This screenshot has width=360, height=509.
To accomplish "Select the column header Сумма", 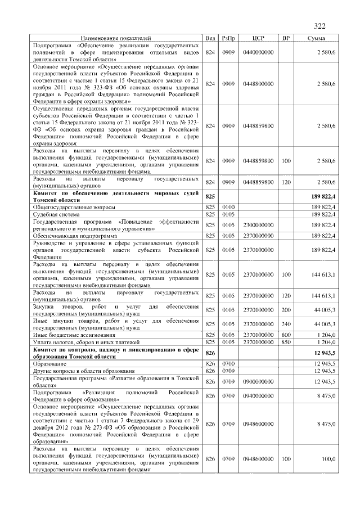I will click(x=318, y=38).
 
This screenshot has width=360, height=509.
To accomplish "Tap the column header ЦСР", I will click(x=258, y=38).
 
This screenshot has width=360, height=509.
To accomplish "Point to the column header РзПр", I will click(x=228, y=38).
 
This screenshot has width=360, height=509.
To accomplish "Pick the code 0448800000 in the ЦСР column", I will click(x=258, y=84).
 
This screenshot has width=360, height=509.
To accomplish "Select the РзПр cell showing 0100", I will click(x=228, y=207).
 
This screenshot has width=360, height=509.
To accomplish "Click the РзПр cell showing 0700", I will click(x=228, y=364).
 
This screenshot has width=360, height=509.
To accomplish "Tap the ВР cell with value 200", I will click(x=286, y=310).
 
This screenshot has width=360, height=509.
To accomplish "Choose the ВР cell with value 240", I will click(x=286, y=324).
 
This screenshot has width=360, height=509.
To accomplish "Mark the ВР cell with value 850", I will click(x=286, y=341).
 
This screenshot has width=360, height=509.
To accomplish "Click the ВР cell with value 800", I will click(x=286, y=334).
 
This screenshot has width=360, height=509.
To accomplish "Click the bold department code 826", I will click(x=210, y=353).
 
